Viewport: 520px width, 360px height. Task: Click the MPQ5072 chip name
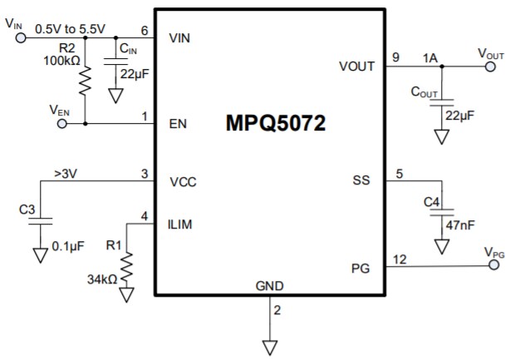tap(275, 125)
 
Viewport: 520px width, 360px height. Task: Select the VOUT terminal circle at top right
tap(490, 67)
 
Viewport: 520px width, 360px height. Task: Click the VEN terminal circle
tap(63, 124)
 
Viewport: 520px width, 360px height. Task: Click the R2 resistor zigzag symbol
tap(84, 82)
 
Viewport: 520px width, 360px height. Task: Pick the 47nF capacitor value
tap(462, 224)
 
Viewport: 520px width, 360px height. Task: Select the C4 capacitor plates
tap(440, 214)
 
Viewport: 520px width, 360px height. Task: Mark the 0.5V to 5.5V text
tap(71, 28)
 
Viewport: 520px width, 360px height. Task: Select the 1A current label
tap(429, 58)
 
